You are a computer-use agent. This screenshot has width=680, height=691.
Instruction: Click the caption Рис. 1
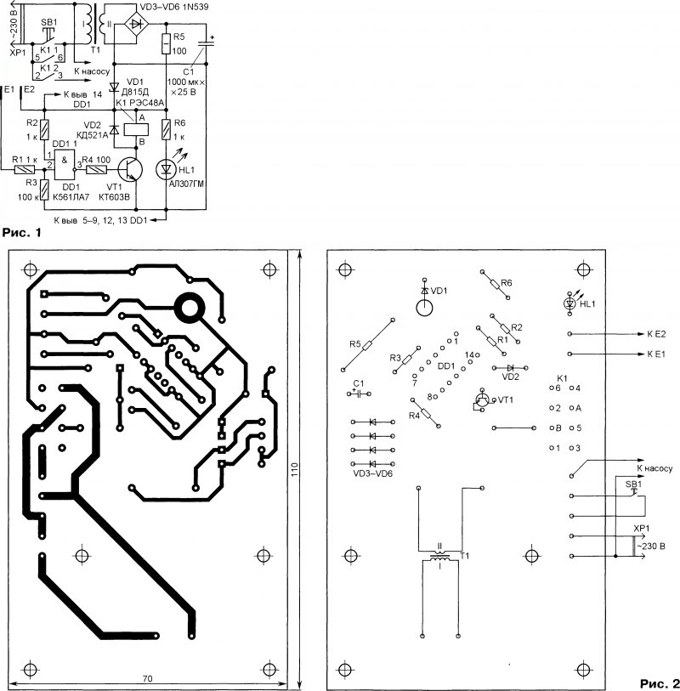pos(23,231)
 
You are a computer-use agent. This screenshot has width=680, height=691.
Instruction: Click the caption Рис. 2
pos(656,682)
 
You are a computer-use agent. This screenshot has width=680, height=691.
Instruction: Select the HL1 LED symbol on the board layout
pos(570,303)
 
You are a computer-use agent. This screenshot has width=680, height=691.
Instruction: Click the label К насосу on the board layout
pos(654,468)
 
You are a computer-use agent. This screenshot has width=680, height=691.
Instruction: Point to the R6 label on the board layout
pos(507,282)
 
